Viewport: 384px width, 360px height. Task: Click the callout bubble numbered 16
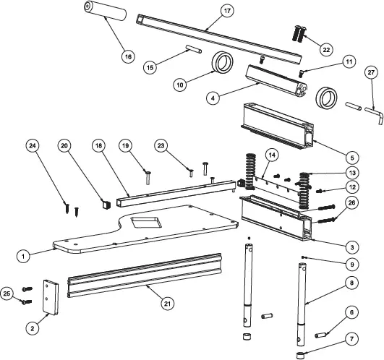click(x=128, y=56)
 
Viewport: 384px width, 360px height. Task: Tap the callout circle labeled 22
click(x=326, y=49)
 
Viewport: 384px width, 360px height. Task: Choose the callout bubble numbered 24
click(x=32, y=145)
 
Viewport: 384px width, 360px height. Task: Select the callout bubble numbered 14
click(x=271, y=155)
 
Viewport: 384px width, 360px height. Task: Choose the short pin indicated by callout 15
click(x=192, y=49)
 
